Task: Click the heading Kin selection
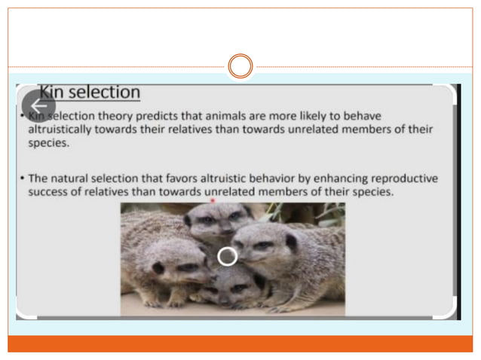click(90, 93)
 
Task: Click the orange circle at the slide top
click(240, 66)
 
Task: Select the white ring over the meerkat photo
click(227, 256)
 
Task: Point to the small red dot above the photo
click(214, 201)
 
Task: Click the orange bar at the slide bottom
click(240, 343)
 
